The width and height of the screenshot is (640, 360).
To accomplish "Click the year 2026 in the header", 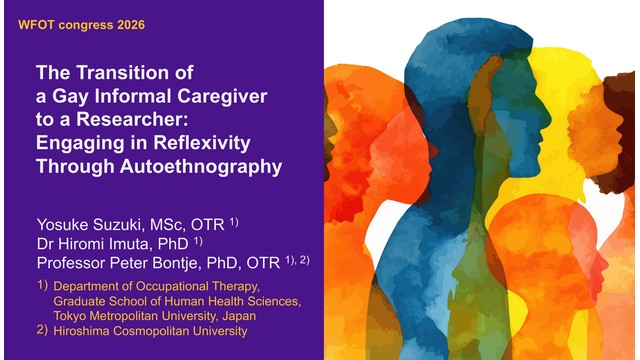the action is [x=131, y=25].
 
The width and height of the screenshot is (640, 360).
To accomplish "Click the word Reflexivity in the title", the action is [x=202, y=143].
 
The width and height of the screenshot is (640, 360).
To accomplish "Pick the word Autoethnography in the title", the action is [x=201, y=167].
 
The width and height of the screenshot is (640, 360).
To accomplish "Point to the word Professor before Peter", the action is [x=71, y=263].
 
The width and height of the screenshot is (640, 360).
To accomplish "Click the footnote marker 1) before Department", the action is [x=42, y=285].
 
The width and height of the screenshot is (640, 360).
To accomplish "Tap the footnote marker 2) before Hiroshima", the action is [x=42, y=330].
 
